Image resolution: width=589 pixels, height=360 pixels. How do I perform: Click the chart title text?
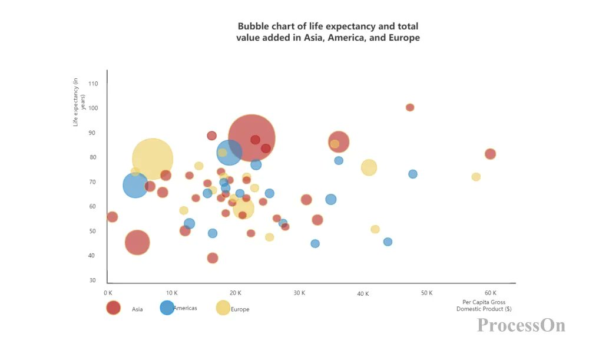[x=328, y=32]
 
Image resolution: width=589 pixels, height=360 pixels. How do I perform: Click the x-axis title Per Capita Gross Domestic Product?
[x=484, y=305]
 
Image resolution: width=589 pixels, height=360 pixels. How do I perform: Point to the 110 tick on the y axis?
[x=94, y=84]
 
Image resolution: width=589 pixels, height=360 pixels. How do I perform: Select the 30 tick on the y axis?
[x=94, y=280]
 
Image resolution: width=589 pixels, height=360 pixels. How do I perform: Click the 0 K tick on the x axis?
[x=108, y=293]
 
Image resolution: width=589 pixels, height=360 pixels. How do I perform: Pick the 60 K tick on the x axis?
[x=490, y=293]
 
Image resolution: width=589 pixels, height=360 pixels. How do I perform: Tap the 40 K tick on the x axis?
[x=363, y=293]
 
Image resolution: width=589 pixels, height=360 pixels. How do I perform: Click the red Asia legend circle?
[x=113, y=308]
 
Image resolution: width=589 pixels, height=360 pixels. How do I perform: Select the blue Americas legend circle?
[x=167, y=308]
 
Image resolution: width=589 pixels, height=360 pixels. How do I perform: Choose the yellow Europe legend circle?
[x=223, y=308]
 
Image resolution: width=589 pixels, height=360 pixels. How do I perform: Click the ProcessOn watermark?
[x=521, y=325]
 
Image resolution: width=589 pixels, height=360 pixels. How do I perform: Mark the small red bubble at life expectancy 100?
[x=410, y=107]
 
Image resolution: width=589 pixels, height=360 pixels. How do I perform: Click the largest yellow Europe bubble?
[x=153, y=158]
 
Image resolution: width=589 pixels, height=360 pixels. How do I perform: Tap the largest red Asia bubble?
[x=252, y=138]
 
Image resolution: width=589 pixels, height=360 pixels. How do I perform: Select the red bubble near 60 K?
[x=490, y=154]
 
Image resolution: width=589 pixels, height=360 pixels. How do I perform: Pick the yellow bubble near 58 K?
[x=476, y=177]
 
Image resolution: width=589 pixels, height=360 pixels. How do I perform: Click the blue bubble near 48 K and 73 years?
[x=413, y=174]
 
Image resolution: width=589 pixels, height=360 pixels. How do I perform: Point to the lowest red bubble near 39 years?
[x=213, y=258]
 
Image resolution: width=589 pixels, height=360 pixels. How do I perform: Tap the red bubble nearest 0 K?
[x=112, y=217]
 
